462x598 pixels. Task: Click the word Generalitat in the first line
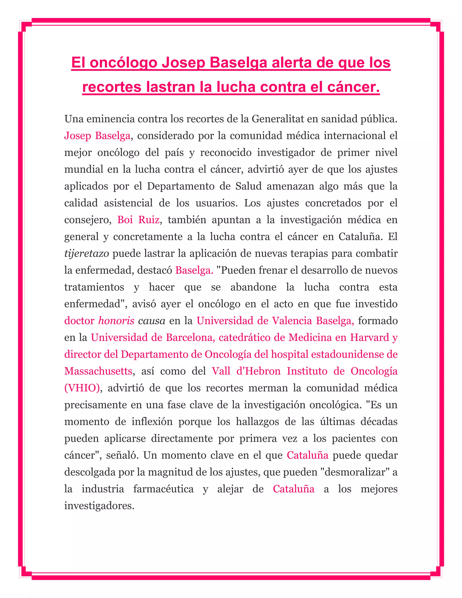point(277,119)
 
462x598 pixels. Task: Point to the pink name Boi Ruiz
point(138,220)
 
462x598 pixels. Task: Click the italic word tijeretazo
point(86,254)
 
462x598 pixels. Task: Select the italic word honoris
point(116,321)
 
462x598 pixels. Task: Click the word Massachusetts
point(98,371)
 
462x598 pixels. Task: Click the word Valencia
point(292,321)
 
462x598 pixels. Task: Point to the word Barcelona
point(189,338)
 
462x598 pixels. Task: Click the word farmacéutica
point(163,489)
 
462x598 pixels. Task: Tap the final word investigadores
point(99,506)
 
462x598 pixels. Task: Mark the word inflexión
point(152,422)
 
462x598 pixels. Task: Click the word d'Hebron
point(258,371)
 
